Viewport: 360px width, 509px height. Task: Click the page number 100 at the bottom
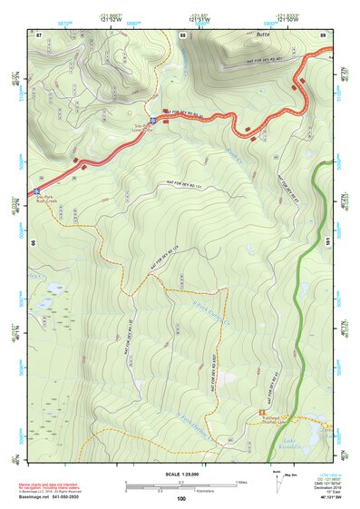[181, 499]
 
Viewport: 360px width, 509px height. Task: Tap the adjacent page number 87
[39, 35]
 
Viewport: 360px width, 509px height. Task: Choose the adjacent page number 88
[182, 35]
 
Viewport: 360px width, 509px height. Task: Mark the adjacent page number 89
[323, 35]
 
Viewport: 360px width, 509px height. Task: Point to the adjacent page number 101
[326, 242]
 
